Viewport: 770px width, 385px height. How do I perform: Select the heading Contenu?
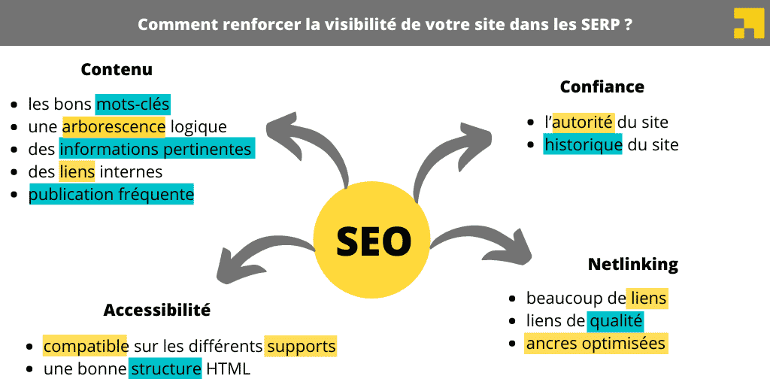pos(117,70)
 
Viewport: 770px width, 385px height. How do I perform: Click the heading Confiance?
pos(602,86)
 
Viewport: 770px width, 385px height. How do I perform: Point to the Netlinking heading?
pos(632,265)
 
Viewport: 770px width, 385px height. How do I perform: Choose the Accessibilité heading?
pos(156,310)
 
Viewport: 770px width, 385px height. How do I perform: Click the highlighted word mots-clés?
pos(133,104)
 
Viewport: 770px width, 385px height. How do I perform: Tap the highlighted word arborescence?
pos(114,126)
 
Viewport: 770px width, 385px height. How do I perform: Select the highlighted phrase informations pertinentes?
pos(156,149)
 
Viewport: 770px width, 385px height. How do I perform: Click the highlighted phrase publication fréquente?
pos(111,195)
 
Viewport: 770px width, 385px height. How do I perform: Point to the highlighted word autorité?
pos(583,122)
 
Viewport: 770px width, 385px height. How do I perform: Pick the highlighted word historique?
pos(583,144)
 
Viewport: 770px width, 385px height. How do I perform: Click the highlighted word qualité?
pos(616,321)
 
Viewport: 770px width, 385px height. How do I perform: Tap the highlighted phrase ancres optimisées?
pos(596,344)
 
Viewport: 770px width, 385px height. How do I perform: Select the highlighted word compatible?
pos(85,347)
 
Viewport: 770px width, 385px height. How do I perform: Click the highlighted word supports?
pos(301,347)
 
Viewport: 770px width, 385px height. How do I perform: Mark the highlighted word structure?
pos(165,369)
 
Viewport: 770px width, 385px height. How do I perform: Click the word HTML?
pos(229,369)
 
